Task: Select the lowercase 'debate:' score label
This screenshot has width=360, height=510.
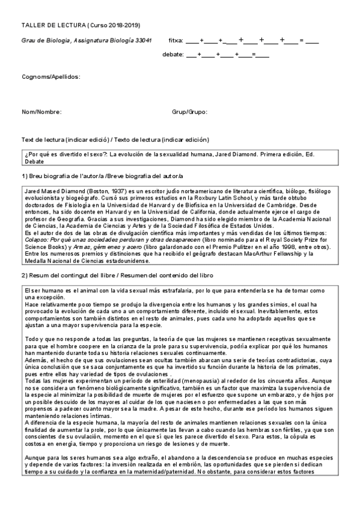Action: coord(172,55)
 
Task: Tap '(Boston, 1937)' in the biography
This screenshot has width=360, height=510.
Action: coord(98,189)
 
